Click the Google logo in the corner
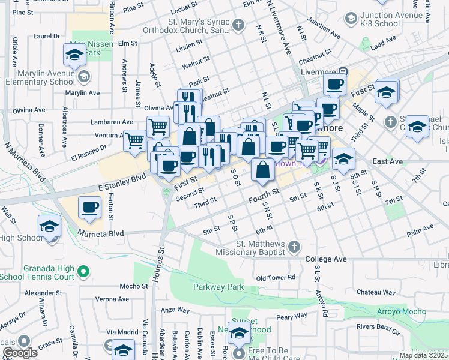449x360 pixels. [x=20, y=353]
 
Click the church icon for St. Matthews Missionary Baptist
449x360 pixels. [x=294, y=246]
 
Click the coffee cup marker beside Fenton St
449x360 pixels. [x=89, y=208]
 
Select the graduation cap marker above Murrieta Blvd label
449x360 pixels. [x=49, y=226]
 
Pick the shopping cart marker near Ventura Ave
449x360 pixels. [x=134, y=140]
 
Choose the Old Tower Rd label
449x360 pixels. [x=276, y=278]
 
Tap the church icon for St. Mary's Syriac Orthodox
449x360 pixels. [x=239, y=25]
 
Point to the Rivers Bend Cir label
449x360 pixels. [x=378, y=328]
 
